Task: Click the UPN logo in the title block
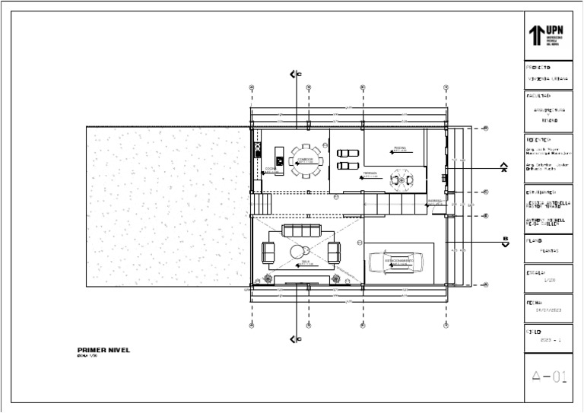[547, 35]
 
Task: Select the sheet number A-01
[549, 376]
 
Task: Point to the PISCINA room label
[401, 149]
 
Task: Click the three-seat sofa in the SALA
[301, 230]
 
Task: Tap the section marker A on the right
[503, 168]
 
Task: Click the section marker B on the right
[504, 242]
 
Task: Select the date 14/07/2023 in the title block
[548, 310]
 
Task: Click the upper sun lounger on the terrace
[349, 151]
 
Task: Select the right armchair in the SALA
[334, 250]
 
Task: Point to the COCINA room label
[269, 170]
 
